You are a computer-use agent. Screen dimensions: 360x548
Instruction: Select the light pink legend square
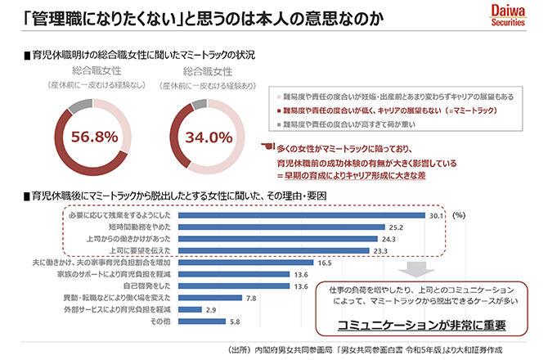click(x=277, y=95)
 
